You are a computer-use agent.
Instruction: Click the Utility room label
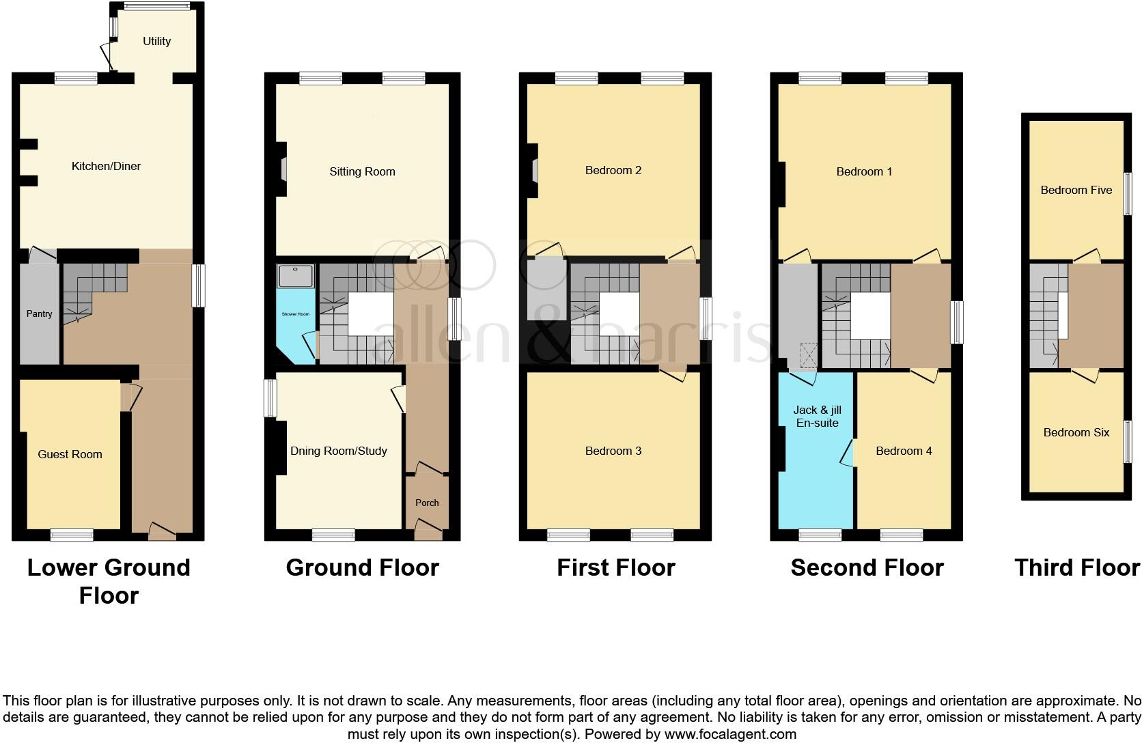pyautogui.click(x=156, y=41)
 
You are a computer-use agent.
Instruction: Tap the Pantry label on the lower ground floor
pyautogui.click(x=39, y=313)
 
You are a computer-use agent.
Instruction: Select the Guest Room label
pyautogui.click(x=70, y=454)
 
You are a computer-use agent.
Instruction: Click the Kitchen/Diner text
pyautogui.click(x=106, y=166)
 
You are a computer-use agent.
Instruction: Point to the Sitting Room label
pyautogui.click(x=362, y=171)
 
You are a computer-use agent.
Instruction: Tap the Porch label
pyautogui.click(x=427, y=503)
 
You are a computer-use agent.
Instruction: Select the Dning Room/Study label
pyautogui.click(x=339, y=451)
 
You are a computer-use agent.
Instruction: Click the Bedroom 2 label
pyautogui.click(x=613, y=170)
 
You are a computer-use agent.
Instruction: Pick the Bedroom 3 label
pyautogui.click(x=613, y=451)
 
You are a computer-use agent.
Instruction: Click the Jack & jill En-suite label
pyautogui.click(x=817, y=416)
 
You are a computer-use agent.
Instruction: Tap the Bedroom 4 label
pyautogui.click(x=904, y=451)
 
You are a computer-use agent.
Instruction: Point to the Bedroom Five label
pyautogui.click(x=1076, y=190)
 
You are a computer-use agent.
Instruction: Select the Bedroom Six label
pyautogui.click(x=1076, y=432)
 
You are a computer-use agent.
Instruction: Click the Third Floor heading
pyautogui.click(x=1076, y=567)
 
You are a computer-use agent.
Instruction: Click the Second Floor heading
pyautogui.click(x=867, y=567)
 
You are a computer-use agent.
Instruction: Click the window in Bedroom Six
pyautogui.click(x=1128, y=442)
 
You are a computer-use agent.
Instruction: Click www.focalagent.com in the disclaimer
pyautogui.click(x=729, y=735)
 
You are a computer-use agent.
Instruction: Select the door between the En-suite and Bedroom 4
pyautogui.click(x=849, y=453)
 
